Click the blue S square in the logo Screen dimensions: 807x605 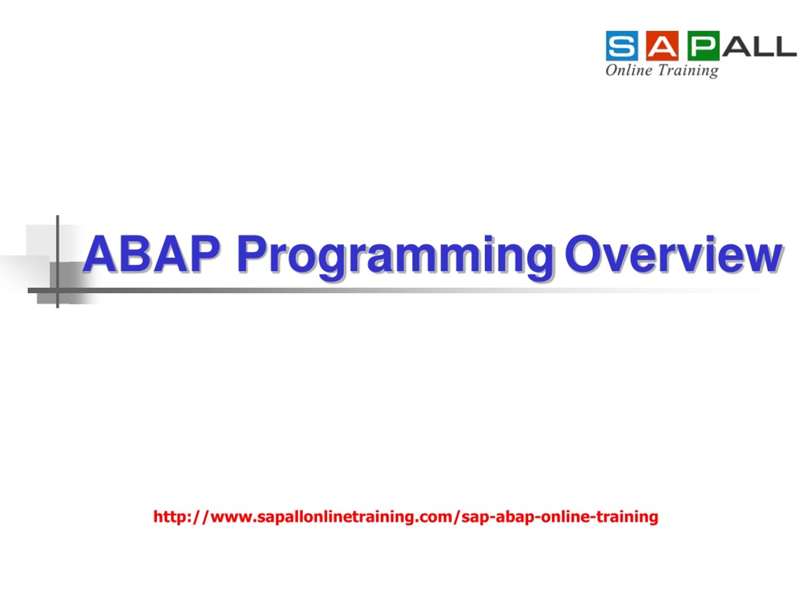pyautogui.click(x=622, y=46)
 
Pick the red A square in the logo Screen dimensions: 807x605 pyautogui.click(x=663, y=46)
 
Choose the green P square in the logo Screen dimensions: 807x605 pyautogui.click(x=703, y=46)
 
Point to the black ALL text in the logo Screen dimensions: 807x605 pyautogui.click(x=759, y=46)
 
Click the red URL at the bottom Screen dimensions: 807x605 pyautogui.click(x=406, y=517)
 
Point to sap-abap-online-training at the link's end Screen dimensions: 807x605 pyautogui.click(x=560, y=517)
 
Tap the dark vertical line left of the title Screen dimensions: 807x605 pyautogui.click(x=58, y=262)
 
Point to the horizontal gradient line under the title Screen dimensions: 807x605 pyautogui.click(x=405, y=290)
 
